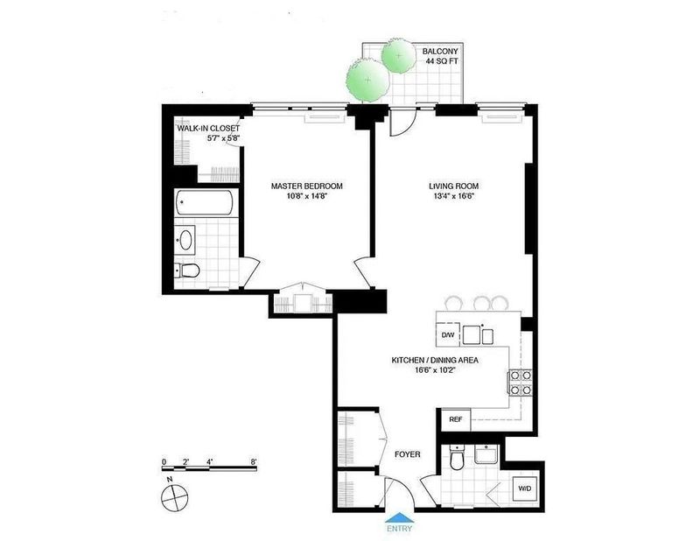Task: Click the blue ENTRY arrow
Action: [400, 517]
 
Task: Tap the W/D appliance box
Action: [524, 488]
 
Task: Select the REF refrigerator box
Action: [456, 420]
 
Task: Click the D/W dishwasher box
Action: [448, 334]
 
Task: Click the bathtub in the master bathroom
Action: [205, 203]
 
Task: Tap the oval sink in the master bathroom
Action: [185, 240]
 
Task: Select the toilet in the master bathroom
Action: [186, 270]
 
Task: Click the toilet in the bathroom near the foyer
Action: [456, 458]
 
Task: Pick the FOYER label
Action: [408, 454]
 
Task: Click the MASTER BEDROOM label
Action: [307, 186]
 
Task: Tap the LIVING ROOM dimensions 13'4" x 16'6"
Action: [453, 196]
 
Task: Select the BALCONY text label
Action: [440, 52]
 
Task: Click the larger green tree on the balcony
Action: [368, 81]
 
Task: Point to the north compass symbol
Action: [175, 497]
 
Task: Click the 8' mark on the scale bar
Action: [254, 462]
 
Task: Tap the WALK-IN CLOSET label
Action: [208, 129]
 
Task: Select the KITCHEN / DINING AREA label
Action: [435, 360]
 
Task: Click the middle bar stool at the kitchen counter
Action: [481, 304]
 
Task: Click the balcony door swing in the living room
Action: [403, 121]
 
